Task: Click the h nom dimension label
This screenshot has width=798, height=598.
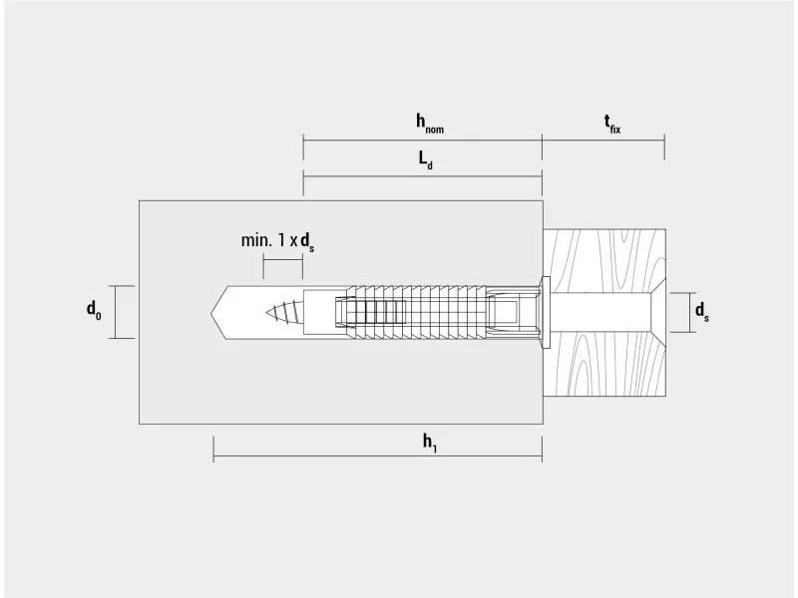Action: click(430, 124)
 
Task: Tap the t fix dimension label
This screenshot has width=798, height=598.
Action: click(612, 124)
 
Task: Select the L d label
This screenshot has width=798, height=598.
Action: click(426, 159)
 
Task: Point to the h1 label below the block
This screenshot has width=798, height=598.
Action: click(430, 443)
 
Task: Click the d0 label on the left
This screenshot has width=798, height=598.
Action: click(94, 309)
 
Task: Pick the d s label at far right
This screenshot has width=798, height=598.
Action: click(702, 311)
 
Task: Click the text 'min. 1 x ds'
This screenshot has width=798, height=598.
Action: click(277, 241)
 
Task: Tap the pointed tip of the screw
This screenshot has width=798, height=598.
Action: click(266, 312)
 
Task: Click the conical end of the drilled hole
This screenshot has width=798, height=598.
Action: click(219, 312)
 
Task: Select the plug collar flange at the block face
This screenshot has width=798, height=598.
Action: click(546, 312)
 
